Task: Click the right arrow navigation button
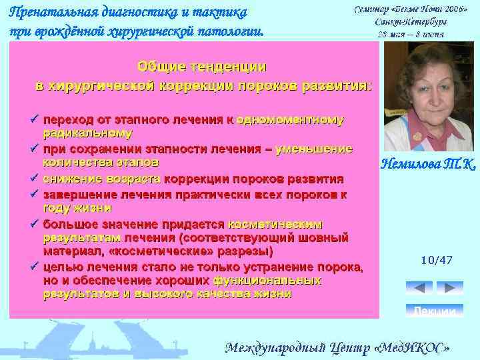point(451,288)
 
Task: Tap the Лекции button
point(435,311)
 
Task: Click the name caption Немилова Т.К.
point(427,164)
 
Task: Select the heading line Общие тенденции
point(201,67)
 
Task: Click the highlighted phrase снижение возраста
point(102,179)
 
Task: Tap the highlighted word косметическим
point(275,223)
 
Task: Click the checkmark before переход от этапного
point(33,120)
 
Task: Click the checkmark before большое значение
point(33,223)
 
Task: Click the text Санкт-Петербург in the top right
point(411,21)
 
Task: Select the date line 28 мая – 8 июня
point(411,33)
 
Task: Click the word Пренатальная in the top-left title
point(53,13)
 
